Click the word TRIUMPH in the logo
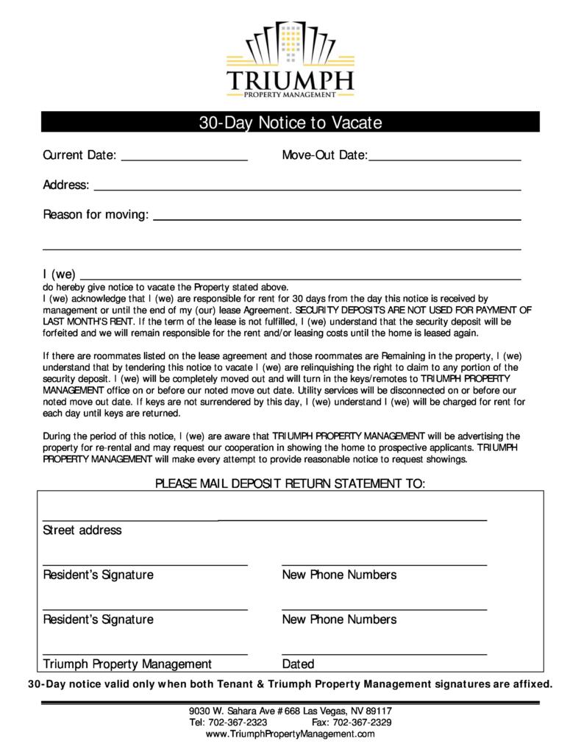[x=290, y=79]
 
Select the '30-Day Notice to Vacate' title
[x=290, y=123]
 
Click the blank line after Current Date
[x=184, y=158]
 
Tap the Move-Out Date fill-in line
[x=445, y=158]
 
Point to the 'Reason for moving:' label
[x=96, y=215]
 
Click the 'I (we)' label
[x=60, y=274]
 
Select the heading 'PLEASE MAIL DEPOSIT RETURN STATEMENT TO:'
[x=290, y=483]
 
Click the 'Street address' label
[x=82, y=530]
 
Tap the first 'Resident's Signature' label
[x=98, y=575]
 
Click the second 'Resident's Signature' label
[x=98, y=619]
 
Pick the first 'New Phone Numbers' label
[x=339, y=575]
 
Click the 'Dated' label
[x=298, y=664]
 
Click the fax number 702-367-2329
[x=362, y=723]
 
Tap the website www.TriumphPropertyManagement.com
[x=290, y=734]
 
